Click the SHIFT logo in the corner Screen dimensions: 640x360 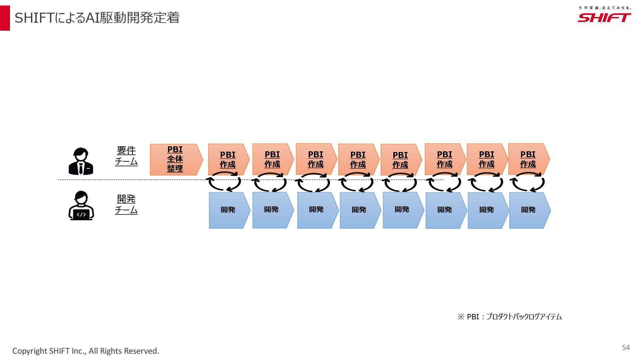point(604,18)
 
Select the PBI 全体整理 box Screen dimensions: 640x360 point(175,159)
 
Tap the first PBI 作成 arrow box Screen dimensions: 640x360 point(228,159)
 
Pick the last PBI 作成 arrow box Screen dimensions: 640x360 point(528,159)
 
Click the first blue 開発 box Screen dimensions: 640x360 point(228,210)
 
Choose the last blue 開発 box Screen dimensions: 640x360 point(529,210)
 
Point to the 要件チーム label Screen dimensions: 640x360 point(126,156)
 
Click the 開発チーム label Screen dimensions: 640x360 point(126,204)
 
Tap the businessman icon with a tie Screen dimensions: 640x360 point(81,161)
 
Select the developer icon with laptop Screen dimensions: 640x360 point(81,206)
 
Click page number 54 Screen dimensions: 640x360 point(626,348)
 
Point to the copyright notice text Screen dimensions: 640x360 point(86,351)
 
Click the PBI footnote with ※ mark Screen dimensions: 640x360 point(510,317)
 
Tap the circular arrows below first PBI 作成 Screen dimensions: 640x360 point(224,182)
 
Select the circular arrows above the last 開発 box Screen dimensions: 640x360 point(527,182)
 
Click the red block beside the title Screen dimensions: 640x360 point(5,18)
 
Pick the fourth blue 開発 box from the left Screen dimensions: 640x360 point(359,210)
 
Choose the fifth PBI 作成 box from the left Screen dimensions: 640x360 point(400,160)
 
